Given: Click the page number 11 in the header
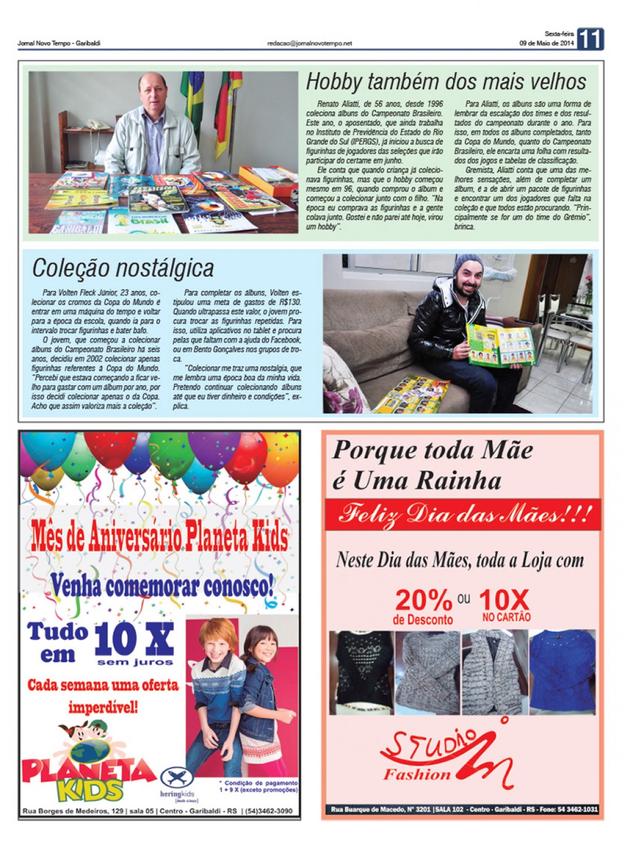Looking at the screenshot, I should (590, 39).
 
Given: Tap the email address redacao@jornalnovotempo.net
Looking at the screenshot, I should (309, 43).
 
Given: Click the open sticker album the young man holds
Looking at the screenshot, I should (500, 345).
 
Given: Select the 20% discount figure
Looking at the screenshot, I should (423, 600).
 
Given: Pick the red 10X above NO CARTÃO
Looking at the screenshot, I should (504, 600).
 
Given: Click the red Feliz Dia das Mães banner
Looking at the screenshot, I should (463, 515).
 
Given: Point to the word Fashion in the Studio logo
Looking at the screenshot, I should (417, 774).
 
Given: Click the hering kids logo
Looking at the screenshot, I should (177, 784).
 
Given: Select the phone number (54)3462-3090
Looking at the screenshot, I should (269, 811).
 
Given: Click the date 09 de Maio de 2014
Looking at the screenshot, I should (546, 43).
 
